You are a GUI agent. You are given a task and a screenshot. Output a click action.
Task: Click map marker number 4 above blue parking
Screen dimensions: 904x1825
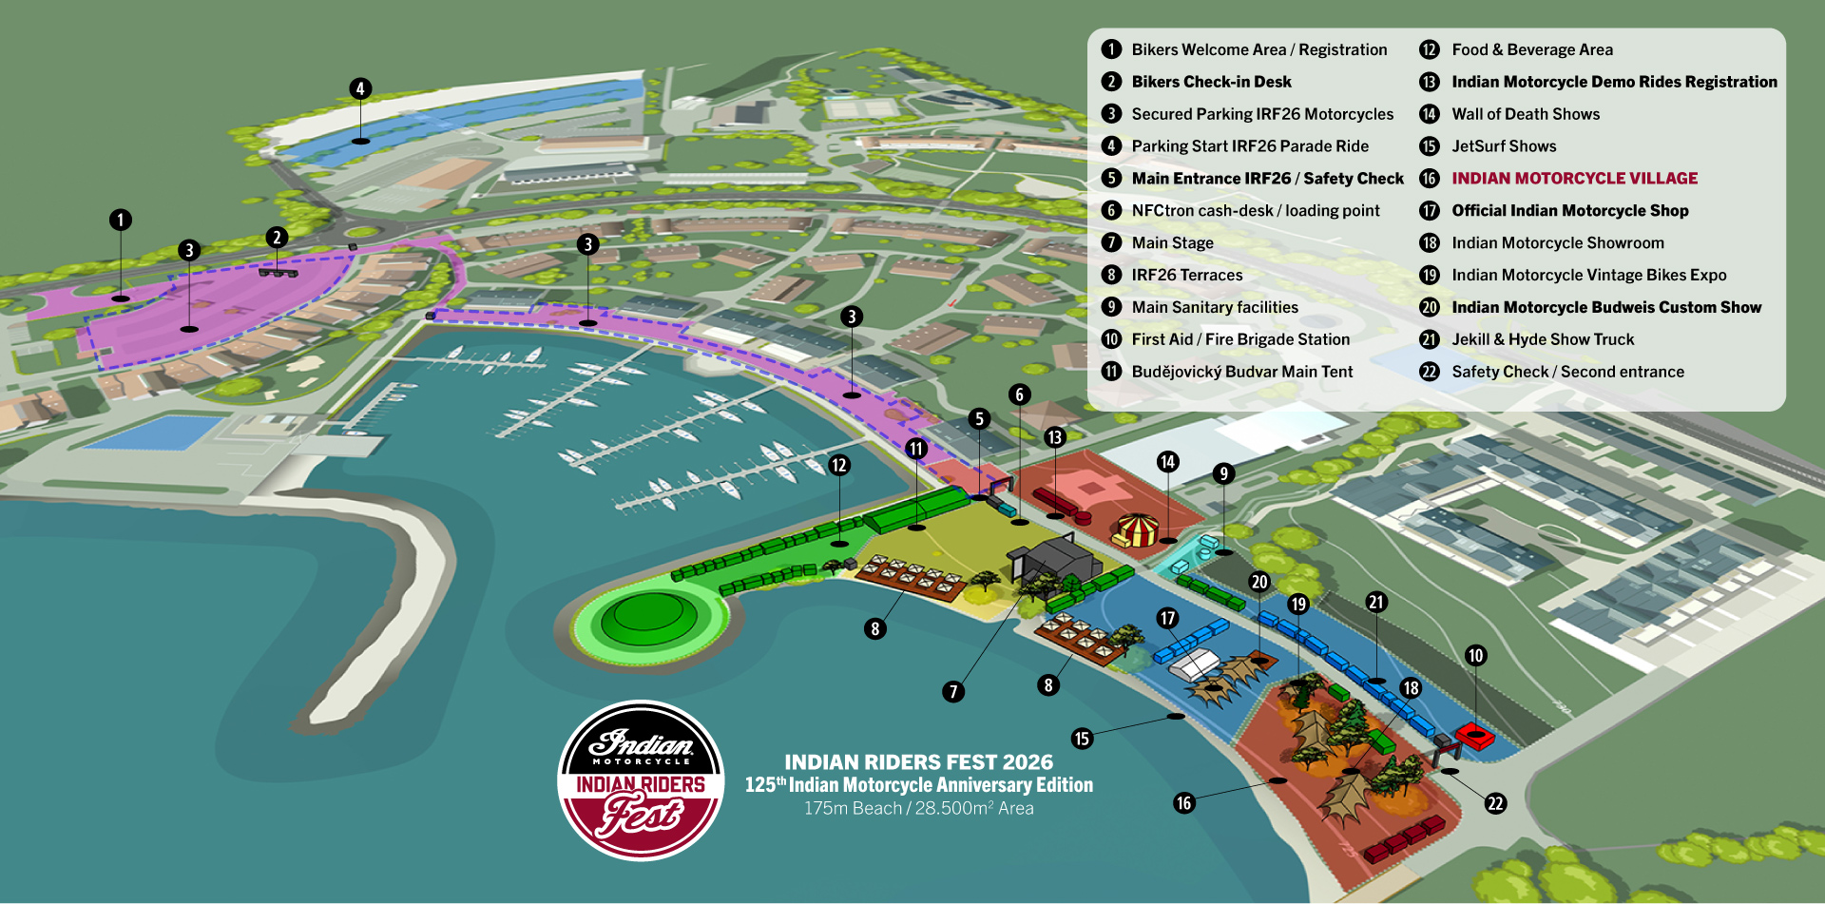click(x=359, y=89)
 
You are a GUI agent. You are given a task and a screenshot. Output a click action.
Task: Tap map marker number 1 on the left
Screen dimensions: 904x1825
click(x=120, y=221)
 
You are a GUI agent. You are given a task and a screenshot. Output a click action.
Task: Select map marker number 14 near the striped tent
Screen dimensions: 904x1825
click(x=1167, y=462)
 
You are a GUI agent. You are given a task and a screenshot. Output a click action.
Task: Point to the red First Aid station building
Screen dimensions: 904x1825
click(x=1473, y=735)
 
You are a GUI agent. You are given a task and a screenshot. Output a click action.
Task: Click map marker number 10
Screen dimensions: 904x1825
click(x=1475, y=655)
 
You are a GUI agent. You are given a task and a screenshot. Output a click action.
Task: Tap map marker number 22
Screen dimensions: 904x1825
click(x=1495, y=803)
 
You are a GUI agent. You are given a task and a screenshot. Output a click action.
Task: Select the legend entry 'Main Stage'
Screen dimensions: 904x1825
click(x=1172, y=243)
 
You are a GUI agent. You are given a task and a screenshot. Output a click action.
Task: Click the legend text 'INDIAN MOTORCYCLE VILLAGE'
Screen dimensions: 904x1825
click(x=1574, y=179)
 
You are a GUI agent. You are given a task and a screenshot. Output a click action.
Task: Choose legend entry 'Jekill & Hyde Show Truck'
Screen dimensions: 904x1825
click(x=1542, y=339)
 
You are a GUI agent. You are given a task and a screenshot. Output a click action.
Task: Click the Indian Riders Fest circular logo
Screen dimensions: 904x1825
click(x=641, y=780)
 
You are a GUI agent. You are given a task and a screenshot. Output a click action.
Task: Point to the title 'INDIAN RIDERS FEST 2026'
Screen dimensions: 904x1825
click(x=918, y=762)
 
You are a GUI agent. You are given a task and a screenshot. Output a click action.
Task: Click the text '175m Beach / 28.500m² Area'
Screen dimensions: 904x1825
click(x=918, y=808)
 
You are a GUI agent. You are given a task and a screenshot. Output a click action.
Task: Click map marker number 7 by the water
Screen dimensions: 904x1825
click(x=953, y=691)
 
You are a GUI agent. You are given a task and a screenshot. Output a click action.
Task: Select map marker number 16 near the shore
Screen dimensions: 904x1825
click(x=1183, y=803)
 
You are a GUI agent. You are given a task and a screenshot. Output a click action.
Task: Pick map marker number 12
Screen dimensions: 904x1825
click(x=838, y=465)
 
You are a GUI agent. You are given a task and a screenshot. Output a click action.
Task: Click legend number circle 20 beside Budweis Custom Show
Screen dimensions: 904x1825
click(x=1429, y=308)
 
